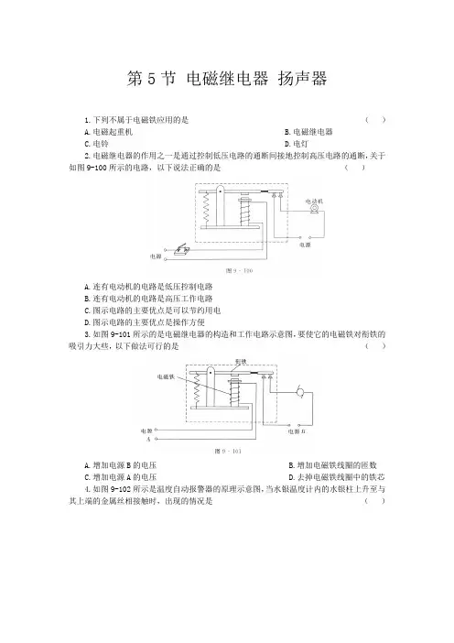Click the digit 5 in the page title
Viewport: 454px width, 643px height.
coord(152,79)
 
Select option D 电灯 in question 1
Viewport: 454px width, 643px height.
coord(297,144)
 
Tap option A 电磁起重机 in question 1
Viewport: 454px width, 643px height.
coord(108,132)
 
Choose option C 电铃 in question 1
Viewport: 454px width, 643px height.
coord(96,144)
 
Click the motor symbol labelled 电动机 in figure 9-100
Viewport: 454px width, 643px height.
coord(314,209)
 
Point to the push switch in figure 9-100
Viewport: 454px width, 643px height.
coord(180,250)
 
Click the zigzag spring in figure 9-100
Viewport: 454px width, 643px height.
coord(207,208)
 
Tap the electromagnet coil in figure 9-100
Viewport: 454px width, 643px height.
coord(245,212)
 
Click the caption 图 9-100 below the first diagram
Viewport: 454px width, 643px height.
coord(239,270)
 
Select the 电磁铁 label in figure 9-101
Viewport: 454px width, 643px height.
coord(166,376)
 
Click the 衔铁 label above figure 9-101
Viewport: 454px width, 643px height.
coord(241,362)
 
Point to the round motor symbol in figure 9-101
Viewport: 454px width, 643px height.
coord(300,392)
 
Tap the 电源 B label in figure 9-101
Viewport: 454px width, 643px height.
coord(297,431)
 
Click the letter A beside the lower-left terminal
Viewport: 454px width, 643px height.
coord(148,439)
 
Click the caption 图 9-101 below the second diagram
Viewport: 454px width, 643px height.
coord(228,451)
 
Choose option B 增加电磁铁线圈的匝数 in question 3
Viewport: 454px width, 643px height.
coord(332,465)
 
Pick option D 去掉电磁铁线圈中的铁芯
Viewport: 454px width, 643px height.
coord(337,477)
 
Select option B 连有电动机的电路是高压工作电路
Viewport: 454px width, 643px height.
coord(148,298)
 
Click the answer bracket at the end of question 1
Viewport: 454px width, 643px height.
coord(375,120)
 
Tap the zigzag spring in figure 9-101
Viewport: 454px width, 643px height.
coord(197,388)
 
